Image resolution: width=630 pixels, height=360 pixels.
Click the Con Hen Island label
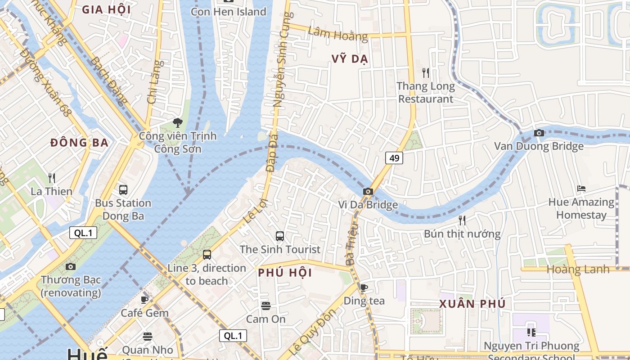click(229, 12)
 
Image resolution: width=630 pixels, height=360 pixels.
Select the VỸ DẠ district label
click(350, 59)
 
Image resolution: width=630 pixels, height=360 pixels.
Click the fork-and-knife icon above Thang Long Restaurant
click(426, 72)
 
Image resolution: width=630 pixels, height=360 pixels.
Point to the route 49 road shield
click(394, 158)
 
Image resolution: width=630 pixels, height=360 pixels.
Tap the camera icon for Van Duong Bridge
click(539, 133)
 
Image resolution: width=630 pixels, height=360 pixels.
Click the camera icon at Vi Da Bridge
click(368, 191)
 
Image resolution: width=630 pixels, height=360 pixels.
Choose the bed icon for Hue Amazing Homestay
click(581, 189)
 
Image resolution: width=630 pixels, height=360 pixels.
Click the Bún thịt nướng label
click(462, 234)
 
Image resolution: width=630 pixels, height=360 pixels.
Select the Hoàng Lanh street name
click(578, 270)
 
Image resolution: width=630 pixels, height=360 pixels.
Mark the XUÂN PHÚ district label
click(472, 304)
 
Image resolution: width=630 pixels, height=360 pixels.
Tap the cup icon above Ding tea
click(364, 287)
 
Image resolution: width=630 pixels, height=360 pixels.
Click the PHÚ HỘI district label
click(285, 273)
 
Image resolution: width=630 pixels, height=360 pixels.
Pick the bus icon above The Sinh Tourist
click(279, 236)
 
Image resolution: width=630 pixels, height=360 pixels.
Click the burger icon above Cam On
click(265, 306)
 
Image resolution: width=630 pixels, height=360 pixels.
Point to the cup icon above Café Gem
click(144, 300)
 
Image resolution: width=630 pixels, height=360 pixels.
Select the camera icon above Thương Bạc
click(71, 266)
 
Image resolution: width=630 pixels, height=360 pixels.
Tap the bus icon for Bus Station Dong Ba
click(123, 190)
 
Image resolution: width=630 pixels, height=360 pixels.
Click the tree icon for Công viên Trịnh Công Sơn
click(178, 122)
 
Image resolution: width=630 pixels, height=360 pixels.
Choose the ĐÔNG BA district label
click(79, 143)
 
